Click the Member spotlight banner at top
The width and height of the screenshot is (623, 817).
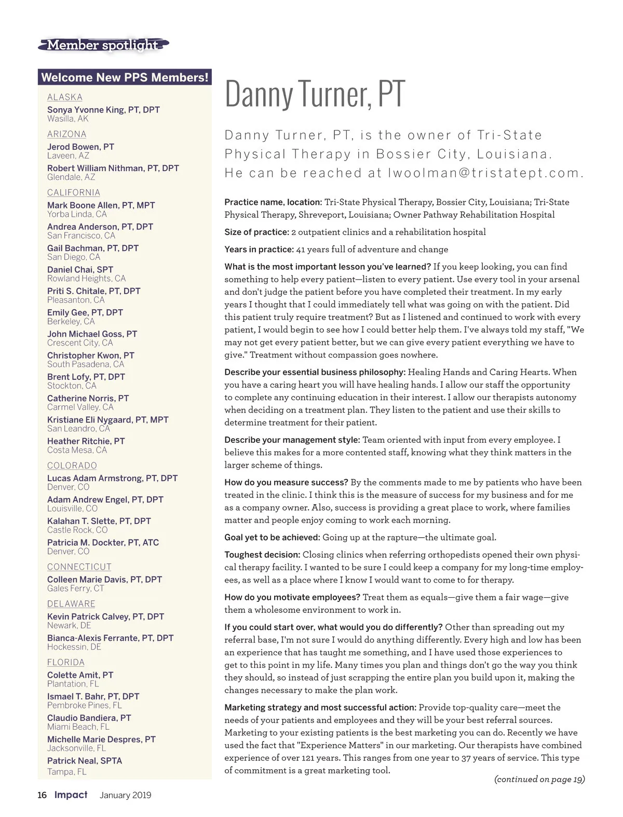point(103,45)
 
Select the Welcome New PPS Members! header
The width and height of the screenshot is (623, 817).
point(125,77)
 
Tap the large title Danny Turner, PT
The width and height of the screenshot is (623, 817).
point(315,94)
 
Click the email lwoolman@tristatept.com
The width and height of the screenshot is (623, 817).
point(486,173)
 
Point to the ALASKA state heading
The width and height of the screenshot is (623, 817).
point(65,97)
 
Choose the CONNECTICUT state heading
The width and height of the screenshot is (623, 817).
point(79,567)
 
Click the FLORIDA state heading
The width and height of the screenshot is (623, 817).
point(66,662)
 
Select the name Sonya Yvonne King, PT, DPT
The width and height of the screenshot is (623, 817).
point(103,110)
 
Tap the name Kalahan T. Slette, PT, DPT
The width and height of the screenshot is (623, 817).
point(99,521)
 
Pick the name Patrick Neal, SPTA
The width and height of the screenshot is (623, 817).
point(85,761)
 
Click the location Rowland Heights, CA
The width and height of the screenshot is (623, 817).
point(86,279)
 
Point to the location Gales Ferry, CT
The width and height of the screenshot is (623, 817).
point(76,588)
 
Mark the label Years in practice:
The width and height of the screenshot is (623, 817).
point(259,249)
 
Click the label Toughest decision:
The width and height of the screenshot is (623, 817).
point(262,555)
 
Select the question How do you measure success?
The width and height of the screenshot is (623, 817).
point(286,482)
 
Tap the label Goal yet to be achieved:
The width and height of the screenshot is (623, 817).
point(272,537)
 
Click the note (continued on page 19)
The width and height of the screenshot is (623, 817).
point(539,779)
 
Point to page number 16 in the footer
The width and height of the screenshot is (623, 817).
point(42,795)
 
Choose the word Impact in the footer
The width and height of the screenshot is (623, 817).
point(71,795)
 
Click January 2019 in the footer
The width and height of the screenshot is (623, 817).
point(125,795)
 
